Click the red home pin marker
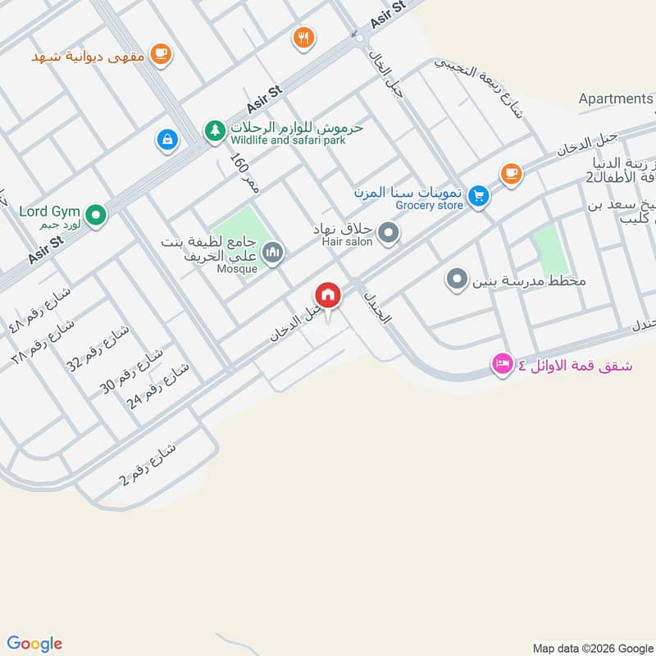click(328, 295)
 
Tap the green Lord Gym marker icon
click(97, 216)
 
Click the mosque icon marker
click(274, 253)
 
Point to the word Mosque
click(238, 268)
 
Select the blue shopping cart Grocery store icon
click(480, 196)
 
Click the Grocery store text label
click(430, 205)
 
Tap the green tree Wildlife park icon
click(215, 130)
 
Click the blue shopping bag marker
click(167, 140)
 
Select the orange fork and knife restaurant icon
click(304, 37)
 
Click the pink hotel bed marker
click(502, 363)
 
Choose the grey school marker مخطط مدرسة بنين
click(456, 280)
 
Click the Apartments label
click(615, 98)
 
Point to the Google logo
click(34, 644)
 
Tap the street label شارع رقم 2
click(148, 464)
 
